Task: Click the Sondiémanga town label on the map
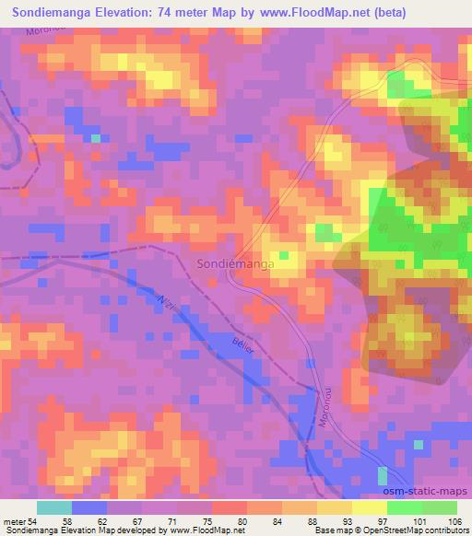(234, 265)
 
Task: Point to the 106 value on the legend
(455, 521)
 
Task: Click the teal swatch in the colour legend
(54, 508)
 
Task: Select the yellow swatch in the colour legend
(369, 508)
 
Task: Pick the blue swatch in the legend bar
(89, 508)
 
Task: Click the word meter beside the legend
(13, 521)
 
